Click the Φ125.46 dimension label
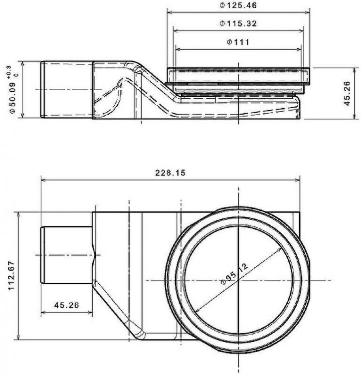coord(238,5)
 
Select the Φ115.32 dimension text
coord(238,23)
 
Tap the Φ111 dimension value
coord(238,42)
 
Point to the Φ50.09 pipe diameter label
coord(12,98)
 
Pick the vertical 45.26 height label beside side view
coord(347,93)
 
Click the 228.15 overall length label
coord(170,173)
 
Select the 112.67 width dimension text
coord(11,275)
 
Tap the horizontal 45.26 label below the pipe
coord(66,305)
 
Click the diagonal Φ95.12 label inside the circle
coord(234,274)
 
